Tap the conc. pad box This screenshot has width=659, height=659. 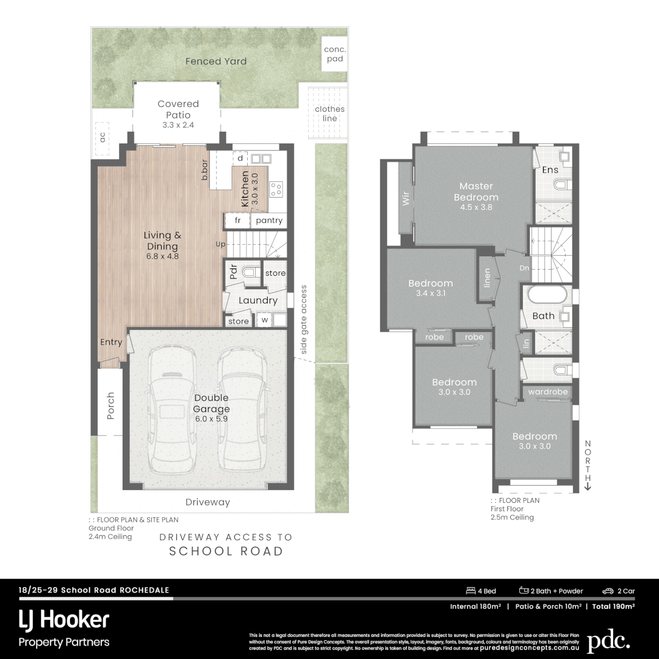pyautogui.click(x=334, y=54)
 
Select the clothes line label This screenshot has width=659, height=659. pyautogui.click(x=329, y=113)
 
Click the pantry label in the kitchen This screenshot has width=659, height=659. pyautogui.click(x=269, y=220)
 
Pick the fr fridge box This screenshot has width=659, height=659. pyautogui.click(x=238, y=220)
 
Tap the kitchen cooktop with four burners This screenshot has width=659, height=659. pyautogui.click(x=276, y=189)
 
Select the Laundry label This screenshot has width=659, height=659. pyautogui.click(x=257, y=300)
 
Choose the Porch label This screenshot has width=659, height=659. pyautogui.click(x=110, y=405)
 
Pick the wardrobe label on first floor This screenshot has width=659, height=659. pyautogui.click(x=548, y=392)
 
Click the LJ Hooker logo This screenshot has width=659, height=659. pyautogui.click(x=64, y=621)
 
